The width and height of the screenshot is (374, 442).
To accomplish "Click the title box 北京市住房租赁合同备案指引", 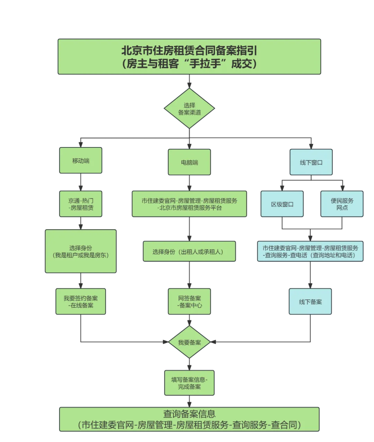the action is tap(189, 57).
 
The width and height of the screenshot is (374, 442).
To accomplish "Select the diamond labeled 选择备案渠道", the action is tap(189, 108).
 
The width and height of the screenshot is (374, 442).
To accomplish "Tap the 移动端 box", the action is tap(81, 160).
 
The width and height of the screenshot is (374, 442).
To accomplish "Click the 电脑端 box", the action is tap(189, 162).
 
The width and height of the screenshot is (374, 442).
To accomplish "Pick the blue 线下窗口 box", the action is tap(311, 162).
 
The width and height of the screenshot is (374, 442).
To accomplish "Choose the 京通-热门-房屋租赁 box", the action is tap(81, 204).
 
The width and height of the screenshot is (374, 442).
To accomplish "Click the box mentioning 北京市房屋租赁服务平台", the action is tap(189, 204).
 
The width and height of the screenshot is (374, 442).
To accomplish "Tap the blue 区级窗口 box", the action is tap(282, 204).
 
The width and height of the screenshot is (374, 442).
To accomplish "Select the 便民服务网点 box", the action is tap(342, 204).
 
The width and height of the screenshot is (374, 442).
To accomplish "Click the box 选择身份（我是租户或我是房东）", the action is tap(81, 251).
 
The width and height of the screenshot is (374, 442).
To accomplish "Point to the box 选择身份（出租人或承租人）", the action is tap(189, 251).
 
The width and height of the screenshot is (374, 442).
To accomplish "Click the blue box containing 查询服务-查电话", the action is tap(310, 251).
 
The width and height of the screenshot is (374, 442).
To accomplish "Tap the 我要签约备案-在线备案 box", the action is tap(81, 301).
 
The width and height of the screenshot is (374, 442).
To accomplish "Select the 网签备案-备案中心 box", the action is tap(189, 301).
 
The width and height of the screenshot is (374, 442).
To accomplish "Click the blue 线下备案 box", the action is tap(310, 301).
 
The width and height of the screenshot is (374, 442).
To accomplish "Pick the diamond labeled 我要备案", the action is tap(189, 342).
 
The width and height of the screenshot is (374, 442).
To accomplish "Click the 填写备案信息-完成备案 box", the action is tap(189, 383).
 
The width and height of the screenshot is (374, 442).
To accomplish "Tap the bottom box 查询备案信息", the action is tap(189, 420).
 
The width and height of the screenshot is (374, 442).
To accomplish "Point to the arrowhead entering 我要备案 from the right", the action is tap(213, 342).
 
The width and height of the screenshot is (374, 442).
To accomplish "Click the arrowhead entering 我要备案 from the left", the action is tap(166, 342).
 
